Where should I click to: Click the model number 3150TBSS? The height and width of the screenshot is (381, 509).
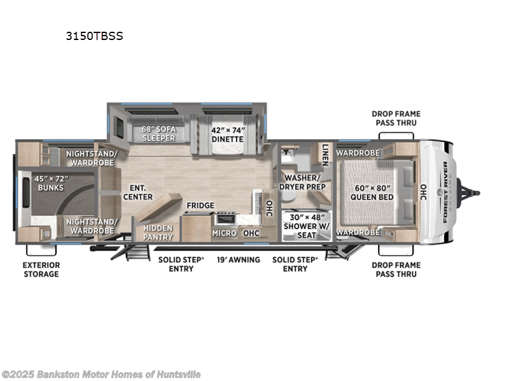pos(94,36)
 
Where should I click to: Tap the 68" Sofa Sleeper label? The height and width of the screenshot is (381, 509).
pos(158,134)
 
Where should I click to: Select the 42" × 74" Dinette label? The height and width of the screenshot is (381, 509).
pos(227,134)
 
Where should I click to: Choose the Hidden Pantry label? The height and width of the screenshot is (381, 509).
pos(157,232)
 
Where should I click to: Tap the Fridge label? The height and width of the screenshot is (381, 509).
pos(200,206)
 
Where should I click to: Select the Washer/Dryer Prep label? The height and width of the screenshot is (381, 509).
pos(305,182)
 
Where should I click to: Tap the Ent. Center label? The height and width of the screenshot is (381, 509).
pos(137,192)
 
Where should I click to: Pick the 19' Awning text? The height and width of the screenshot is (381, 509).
pos(239,260)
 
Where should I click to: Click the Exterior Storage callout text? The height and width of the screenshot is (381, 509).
pos(42,269)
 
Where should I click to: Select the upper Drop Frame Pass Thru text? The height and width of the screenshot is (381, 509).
pos(396,119)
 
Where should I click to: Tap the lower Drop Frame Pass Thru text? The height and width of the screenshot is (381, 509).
pos(396,269)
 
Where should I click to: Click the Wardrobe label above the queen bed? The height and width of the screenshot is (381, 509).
pos(358,153)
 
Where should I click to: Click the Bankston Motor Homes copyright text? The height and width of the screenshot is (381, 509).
pos(102,373)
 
